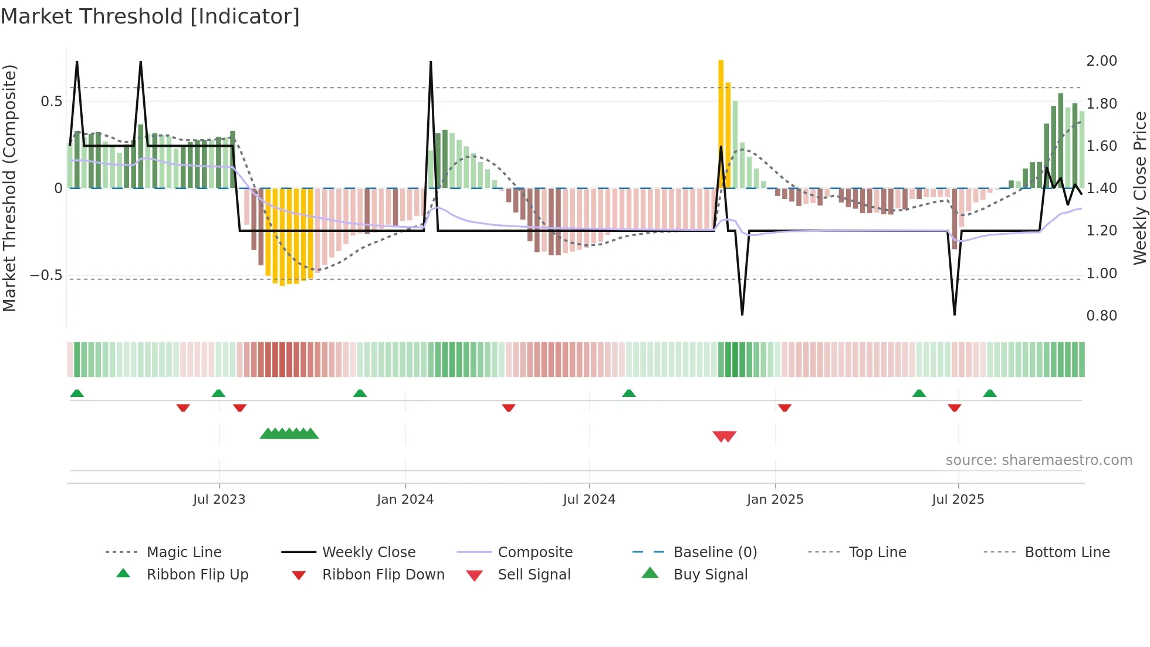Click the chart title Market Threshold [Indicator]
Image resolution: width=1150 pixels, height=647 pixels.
150,16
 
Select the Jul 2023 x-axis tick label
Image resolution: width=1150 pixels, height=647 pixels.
219,500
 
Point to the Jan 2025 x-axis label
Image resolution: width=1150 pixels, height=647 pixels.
774,500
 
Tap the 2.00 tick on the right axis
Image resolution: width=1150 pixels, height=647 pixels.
1101,61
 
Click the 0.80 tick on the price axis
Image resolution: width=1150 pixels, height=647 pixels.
1101,316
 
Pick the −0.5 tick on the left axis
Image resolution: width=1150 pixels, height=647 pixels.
46,275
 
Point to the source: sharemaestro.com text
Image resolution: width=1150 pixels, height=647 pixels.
1039,460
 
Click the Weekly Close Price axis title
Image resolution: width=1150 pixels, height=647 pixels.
1140,188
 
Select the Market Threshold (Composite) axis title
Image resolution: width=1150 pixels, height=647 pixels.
9,188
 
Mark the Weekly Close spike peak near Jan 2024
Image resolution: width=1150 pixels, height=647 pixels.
431,62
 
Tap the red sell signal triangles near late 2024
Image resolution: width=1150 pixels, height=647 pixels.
724,436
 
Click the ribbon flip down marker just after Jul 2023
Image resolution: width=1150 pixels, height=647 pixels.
239,407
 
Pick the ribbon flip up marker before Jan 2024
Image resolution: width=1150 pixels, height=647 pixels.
360,393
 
